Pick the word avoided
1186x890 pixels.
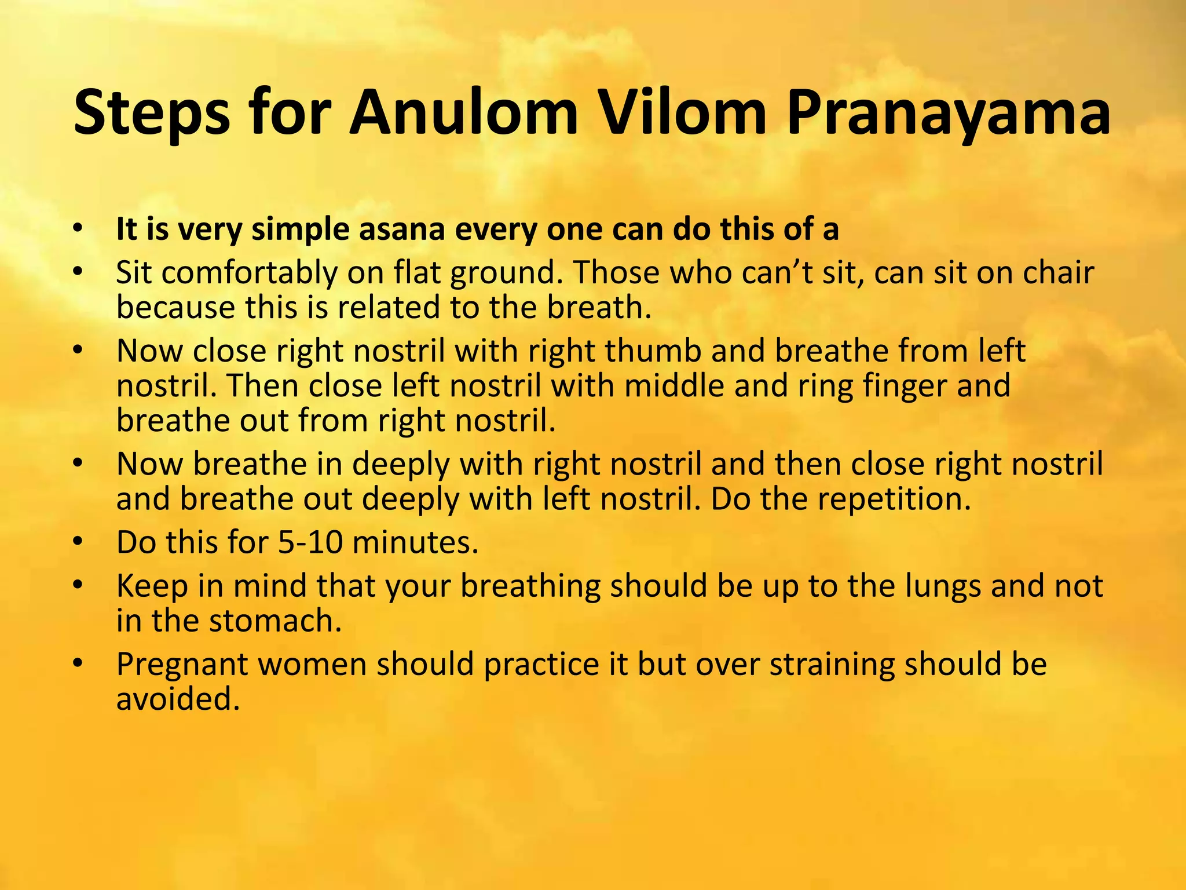(178, 699)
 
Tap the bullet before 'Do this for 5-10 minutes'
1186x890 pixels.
(79, 542)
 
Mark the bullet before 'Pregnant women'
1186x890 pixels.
(79, 663)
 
